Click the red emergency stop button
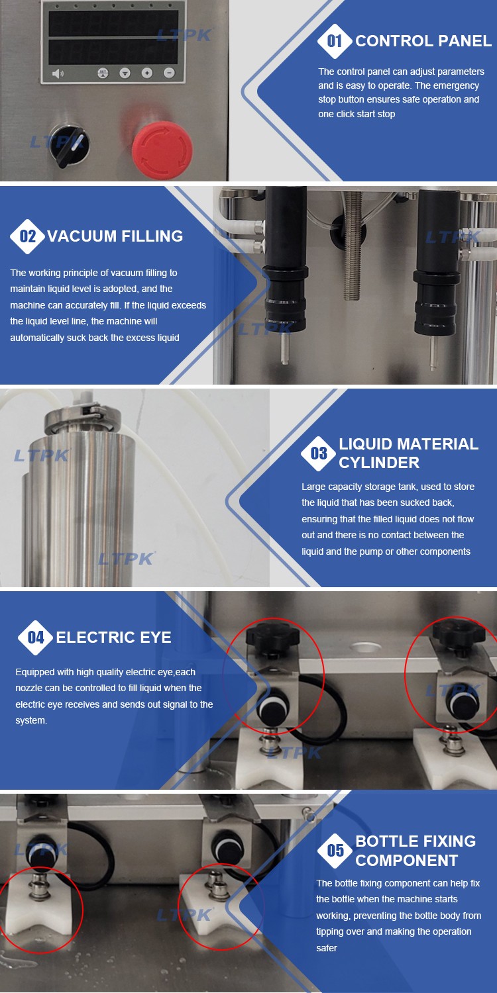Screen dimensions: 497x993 coord(162,147)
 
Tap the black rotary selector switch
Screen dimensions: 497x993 coord(69,146)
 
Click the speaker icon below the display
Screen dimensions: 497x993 coord(58,73)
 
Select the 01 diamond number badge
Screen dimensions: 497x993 coord(335,41)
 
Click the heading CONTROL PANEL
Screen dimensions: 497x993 coord(423,41)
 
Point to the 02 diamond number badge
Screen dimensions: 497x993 coord(28,236)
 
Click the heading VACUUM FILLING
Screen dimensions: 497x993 coord(115,236)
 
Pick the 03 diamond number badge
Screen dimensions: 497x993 coord(319,453)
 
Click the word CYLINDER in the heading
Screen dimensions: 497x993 coord(379,462)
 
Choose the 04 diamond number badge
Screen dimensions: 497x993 coord(36,638)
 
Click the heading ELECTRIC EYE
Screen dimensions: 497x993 coord(113,637)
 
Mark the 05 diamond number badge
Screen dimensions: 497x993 coord(335,850)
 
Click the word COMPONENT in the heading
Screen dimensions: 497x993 coord(406,860)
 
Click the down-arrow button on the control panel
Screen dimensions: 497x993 coord(125,73)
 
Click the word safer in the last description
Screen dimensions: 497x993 coord(327,948)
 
